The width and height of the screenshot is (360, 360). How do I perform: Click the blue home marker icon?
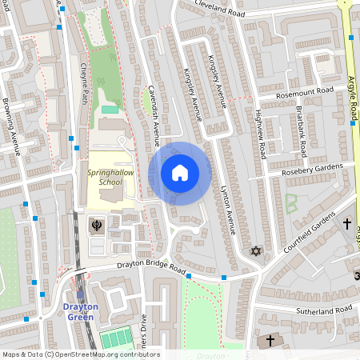(x=180, y=173)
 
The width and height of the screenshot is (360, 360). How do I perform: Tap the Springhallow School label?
(x=106, y=177)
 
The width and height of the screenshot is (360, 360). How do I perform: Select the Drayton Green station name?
(x=81, y=310)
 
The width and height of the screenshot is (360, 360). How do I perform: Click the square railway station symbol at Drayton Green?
(x=79, y=294)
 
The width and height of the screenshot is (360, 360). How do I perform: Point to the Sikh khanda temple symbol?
(x=97, y=225)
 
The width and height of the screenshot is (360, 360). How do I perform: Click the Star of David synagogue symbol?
(x=256, y=251)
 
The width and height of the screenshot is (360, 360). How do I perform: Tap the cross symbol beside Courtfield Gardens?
(x=346, y=222)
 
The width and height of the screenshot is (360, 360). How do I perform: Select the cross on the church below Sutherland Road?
(x=270, y=341)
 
